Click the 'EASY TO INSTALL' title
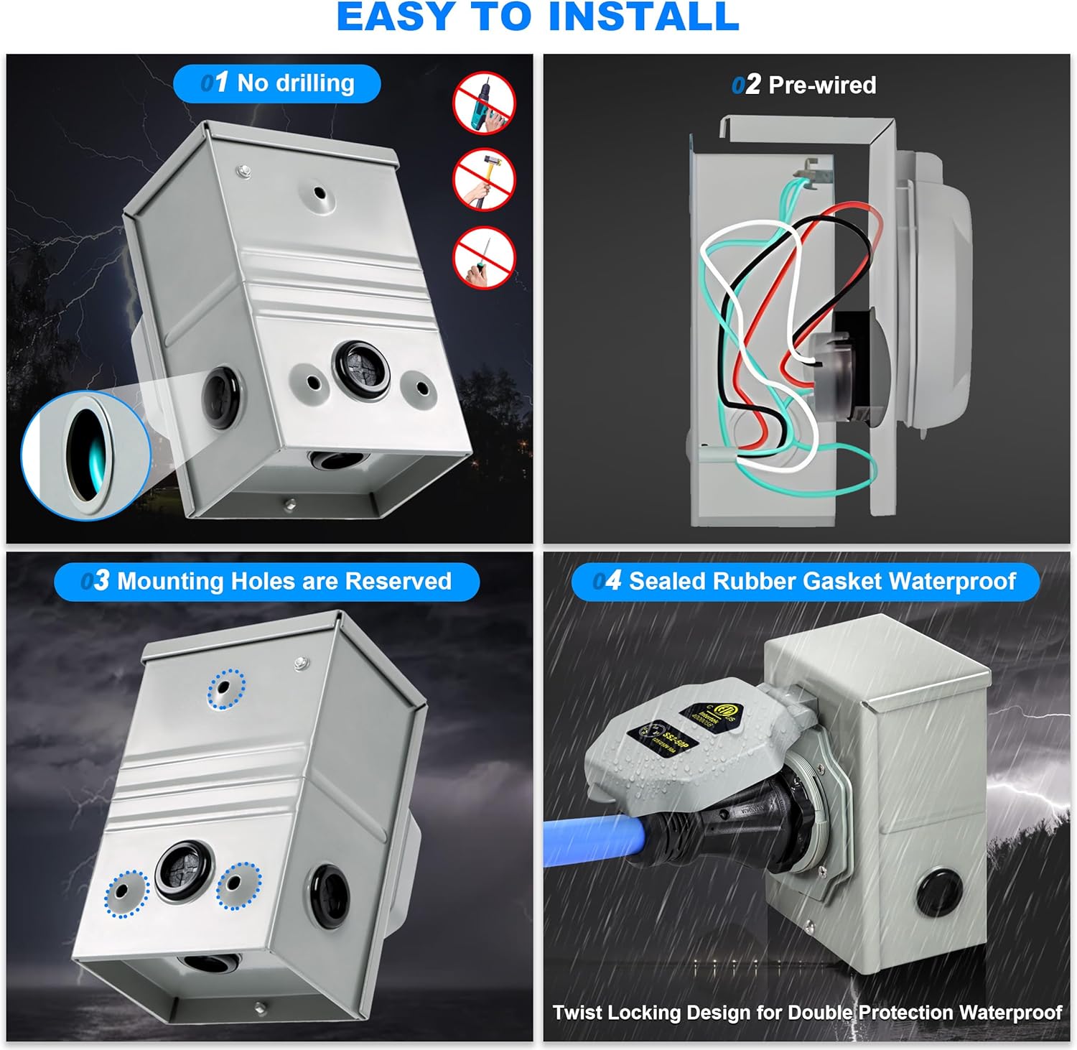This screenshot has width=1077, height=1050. (538, 17)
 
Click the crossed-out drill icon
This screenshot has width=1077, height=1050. (484, 101)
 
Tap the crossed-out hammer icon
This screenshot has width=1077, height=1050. (484, 180)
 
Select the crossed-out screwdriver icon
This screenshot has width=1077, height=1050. (484, 258)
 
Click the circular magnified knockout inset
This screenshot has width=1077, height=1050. (85, 455)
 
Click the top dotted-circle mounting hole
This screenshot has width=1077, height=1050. (226, 689)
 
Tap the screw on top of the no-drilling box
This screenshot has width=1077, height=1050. (244, 172)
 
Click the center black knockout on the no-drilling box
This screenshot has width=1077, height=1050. (361, 368)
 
